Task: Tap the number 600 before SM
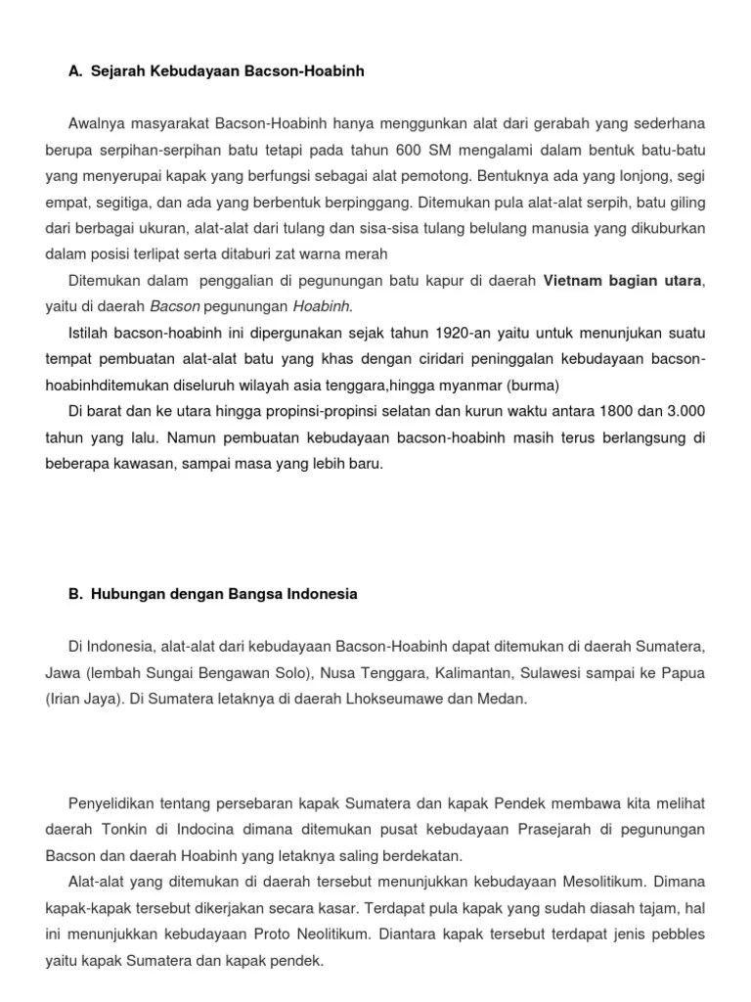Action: (410, 150)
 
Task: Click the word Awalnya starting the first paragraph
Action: (98, 123)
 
